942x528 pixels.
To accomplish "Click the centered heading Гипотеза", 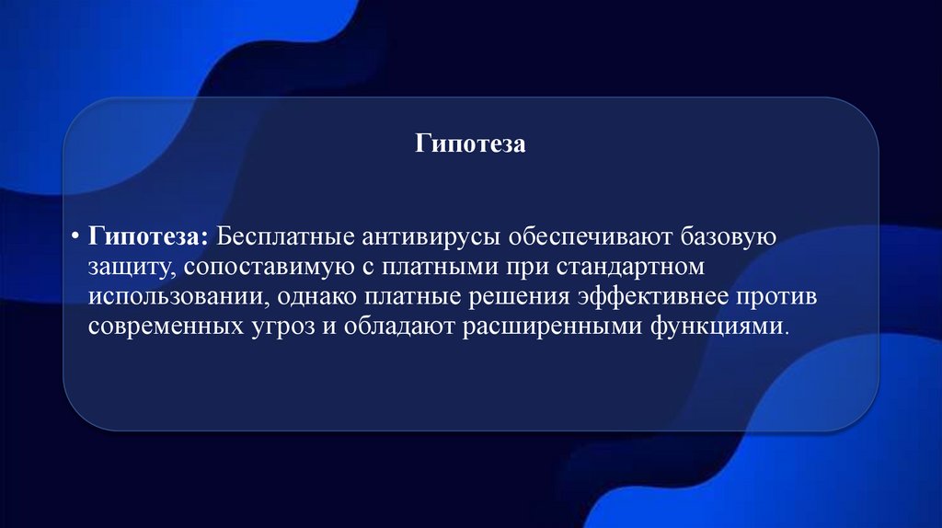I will tap(469, 144).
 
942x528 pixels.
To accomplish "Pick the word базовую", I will tap(729, 236).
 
